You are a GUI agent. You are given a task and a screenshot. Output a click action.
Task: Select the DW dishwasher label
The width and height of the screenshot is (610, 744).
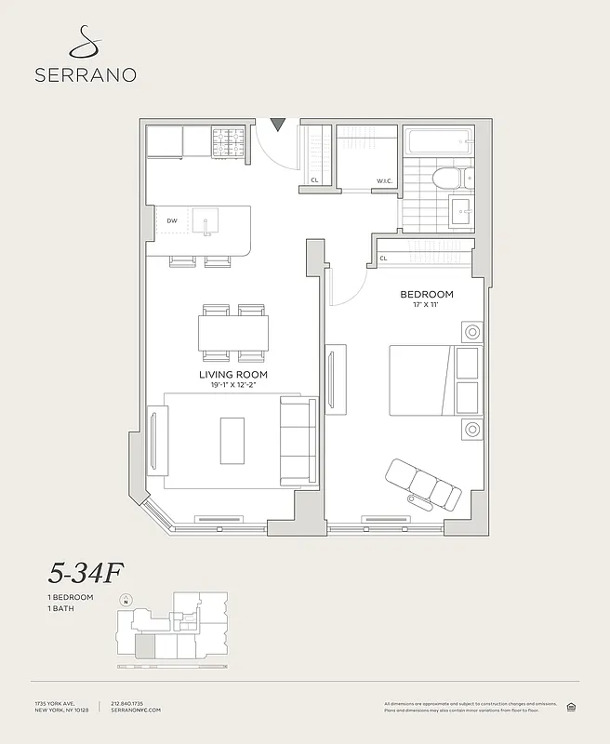(172, 220)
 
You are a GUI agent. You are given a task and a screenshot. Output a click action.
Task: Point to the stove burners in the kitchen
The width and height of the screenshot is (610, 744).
(227, 141)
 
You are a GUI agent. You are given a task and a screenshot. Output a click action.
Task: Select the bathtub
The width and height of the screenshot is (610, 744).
(440, 142)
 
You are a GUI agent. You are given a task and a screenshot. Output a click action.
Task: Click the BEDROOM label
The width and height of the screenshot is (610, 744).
(426, 294)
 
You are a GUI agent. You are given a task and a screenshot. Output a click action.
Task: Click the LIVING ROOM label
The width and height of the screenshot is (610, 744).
(233, 375)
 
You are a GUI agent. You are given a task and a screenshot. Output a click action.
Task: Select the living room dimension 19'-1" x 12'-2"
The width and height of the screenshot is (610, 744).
(233, 386)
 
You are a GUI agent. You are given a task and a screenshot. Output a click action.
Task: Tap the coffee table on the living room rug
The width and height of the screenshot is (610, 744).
(232, 440)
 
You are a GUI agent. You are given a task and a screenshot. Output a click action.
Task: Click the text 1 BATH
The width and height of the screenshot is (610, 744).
(61, 608)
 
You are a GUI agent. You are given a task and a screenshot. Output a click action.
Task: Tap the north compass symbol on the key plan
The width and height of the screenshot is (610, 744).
(126, 600)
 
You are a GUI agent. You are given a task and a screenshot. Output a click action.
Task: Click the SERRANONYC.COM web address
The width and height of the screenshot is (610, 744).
(135, 711)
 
